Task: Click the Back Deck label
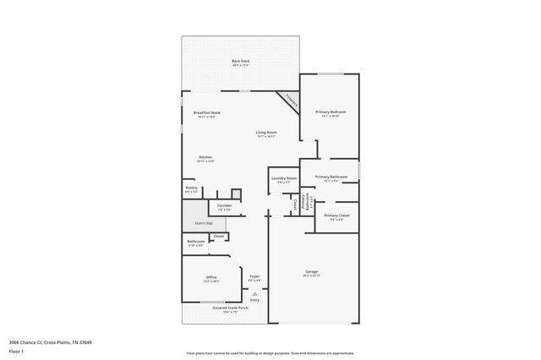pos(241,61)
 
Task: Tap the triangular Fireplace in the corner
pos(290,101)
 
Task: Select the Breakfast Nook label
pos(206,113)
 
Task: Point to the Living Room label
pos(266,133)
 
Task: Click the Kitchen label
pos(205,157)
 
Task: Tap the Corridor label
pos(224,205)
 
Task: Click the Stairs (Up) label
pos(204,223)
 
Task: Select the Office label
pos(211,277)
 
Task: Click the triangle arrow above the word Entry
pos(254,293)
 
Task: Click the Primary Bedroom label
pos(331,112)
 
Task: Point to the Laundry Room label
pos(284,178)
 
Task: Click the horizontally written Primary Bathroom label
pos(331,177)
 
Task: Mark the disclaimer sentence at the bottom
pos(270,353)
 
